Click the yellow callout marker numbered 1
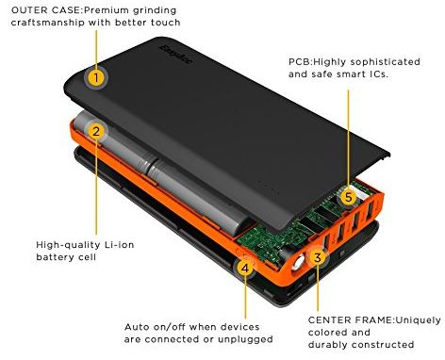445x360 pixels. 96,77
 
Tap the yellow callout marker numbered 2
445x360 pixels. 96,131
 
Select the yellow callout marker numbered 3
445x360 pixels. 318,257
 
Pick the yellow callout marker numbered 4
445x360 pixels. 245,268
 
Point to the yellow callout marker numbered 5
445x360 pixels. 348,197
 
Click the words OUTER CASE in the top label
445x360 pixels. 46,10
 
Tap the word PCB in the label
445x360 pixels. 299,61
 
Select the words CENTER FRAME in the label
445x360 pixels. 351,320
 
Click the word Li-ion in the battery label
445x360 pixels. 120,244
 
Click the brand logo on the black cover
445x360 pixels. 175,55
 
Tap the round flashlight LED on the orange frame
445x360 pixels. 298,263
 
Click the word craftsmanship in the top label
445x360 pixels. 48,23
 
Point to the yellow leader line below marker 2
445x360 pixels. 96,188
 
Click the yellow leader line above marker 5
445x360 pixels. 348,139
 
